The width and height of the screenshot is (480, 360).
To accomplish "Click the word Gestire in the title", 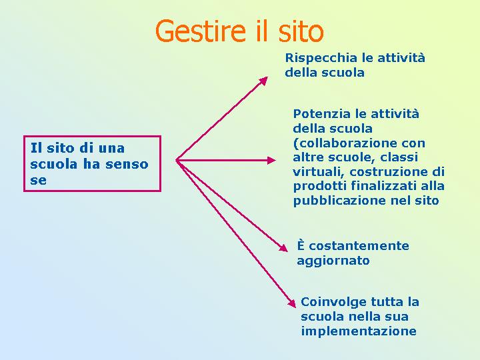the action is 201,32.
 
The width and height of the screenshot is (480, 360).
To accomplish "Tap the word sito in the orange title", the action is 301,31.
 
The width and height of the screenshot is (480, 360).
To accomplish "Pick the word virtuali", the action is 319,172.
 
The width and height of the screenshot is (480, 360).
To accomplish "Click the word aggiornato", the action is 333,261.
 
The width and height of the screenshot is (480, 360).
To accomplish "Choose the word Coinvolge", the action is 333,303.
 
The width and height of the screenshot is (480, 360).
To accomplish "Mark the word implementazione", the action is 359,331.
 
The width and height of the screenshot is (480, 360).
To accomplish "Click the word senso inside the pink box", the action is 127,165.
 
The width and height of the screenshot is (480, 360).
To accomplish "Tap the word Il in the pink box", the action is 36,148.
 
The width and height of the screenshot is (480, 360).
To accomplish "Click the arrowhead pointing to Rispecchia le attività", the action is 263,81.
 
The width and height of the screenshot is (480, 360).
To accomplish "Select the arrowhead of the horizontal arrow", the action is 271,160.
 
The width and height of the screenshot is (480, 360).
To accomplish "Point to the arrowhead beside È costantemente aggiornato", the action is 284,248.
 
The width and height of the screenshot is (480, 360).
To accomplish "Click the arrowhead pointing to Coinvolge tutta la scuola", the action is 292,303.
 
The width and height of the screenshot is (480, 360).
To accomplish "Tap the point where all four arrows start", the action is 177,160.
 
